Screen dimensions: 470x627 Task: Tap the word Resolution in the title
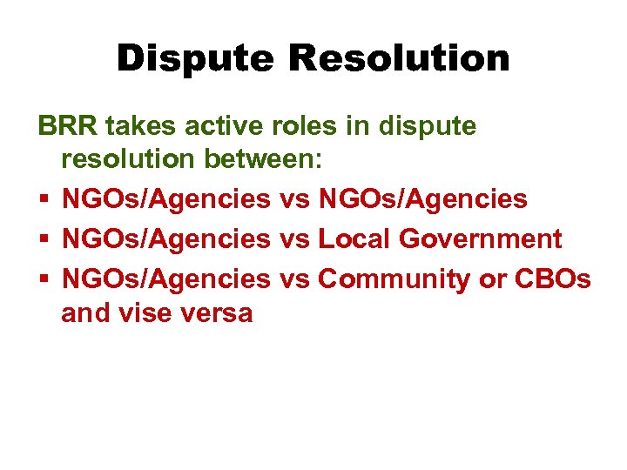pyautogui.click(x=399, y=59)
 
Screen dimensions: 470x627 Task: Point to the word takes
pyautogui.click(x=140, y=126)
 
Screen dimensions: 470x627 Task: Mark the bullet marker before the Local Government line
pyautogui.click(x=43, y=239)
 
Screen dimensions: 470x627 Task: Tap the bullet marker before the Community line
pyautogui.click(x=43, y=278)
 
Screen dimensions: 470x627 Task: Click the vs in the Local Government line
pyautogui.click(x=294, y=238)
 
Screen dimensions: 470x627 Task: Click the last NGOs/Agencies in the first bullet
pyautogui.click(x=423, y=200)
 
